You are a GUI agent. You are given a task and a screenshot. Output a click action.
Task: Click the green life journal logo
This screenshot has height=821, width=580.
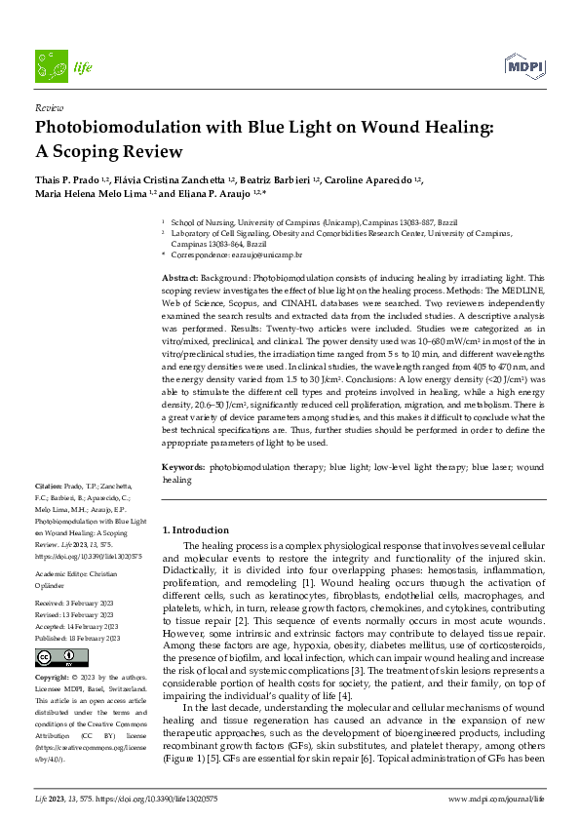57,66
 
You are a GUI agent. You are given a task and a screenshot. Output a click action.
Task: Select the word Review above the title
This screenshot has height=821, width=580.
48,108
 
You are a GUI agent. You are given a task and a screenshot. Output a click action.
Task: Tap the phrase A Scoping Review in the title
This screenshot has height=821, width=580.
108,151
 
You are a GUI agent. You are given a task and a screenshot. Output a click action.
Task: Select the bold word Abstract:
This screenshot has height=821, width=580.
182,278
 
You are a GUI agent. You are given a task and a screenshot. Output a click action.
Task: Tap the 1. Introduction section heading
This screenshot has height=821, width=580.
195,529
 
